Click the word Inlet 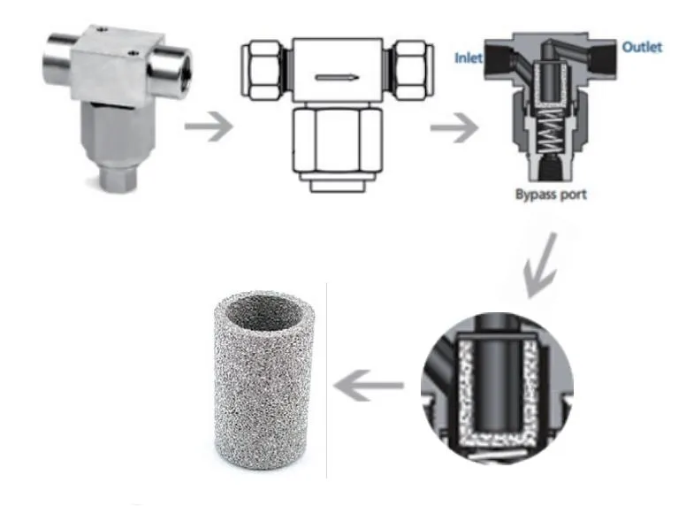[x=468, y=59]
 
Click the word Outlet [x=641, y=47]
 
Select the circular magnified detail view [x=496, y=384]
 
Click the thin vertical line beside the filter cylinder [x=327, y=380]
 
